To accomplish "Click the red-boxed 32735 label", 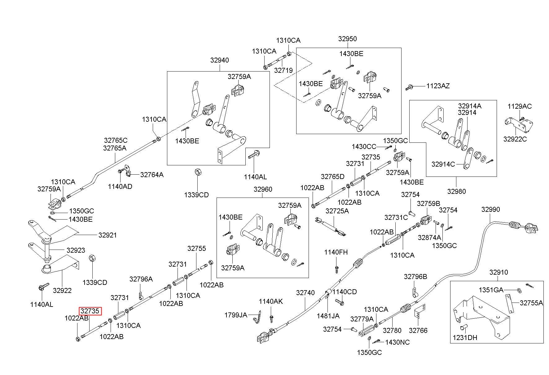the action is pos(90,311).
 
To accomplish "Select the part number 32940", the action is pos(220,60).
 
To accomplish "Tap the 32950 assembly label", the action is pos(347,39).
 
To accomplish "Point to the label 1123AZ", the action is pos(438,86).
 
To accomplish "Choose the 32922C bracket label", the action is pos(515,139).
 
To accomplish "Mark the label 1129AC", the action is pos(520,106).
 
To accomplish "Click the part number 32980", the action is pos(456,191).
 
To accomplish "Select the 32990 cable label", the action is pos(490,210).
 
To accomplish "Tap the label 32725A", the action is pos(337,211).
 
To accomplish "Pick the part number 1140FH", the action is pos(336,252).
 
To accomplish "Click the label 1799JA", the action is pos(236,315).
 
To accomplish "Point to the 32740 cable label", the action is pos(305,293).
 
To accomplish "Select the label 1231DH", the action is pos(465,338).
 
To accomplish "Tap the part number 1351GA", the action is pos(491,290).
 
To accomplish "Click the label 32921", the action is pos(108,235).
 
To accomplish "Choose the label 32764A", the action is pos(152,175).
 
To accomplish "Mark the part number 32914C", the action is pos(443,164).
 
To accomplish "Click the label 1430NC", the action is pos(397,342).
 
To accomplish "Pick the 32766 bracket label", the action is pos(418,330).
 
